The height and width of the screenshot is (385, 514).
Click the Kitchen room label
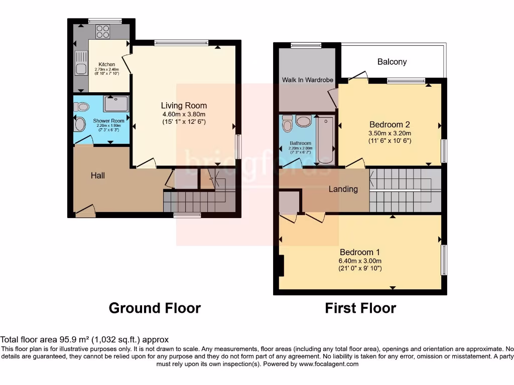pos(106,64)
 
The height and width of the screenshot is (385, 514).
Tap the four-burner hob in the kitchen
pos(102,32)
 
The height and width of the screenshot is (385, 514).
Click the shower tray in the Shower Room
pos(116,104)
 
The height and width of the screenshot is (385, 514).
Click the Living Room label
pos(184,105)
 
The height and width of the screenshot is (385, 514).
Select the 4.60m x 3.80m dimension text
pos(184,114)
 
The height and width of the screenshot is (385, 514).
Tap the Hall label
pos(98,175)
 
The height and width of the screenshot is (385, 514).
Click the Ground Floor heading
pos(155,308)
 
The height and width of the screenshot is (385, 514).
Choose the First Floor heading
pos(360,308)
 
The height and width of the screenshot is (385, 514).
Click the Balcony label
pos(392,62)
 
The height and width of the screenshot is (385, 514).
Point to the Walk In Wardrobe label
pos(307,80)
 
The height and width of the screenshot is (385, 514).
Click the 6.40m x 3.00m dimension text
pos(360,261)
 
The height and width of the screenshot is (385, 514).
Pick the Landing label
pos(343,189)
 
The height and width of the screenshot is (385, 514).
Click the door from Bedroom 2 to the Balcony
pos(358,76)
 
